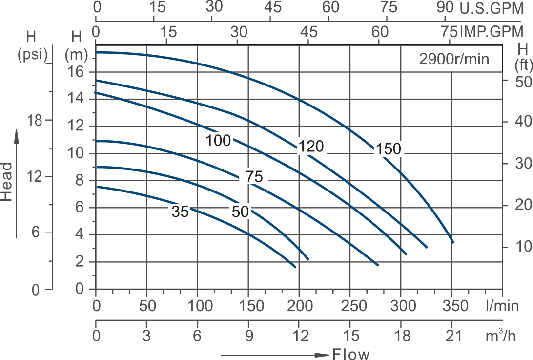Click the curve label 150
[x=388, y=149]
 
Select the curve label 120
[x=311, y=146]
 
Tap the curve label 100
[x=218, y=141]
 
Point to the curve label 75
[x=254, y=177]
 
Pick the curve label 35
[x=180, y=212]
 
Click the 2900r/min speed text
[x=453, y=59]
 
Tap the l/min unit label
[x=502, y=307]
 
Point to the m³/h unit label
[x=502, y=337]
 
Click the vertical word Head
[x=7, y=182]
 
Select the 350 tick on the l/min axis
[x=451, y=307]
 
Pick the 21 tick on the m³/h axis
[x=451, y=337]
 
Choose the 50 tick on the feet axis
[x=523, y=82]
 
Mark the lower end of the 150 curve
[x=453, y=242]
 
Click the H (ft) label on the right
[x=523, y=56]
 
